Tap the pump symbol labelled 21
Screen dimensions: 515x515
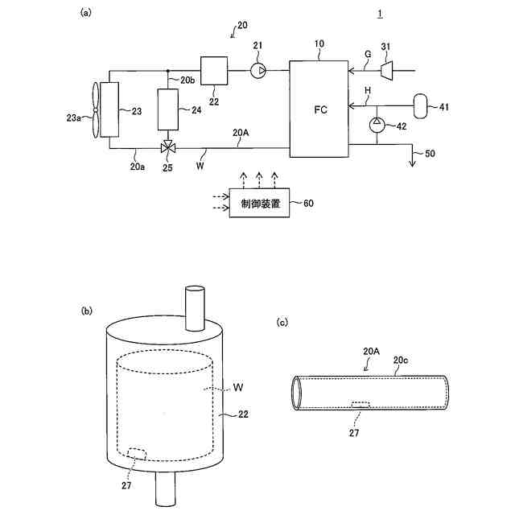click(x=257, y=72)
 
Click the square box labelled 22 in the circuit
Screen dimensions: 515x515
click(x=213, y=71)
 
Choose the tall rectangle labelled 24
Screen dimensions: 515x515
click(x=169, y=109)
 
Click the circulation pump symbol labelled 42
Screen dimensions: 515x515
click(x=376, y=125)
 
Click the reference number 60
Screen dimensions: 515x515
click(x=308, y=203)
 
